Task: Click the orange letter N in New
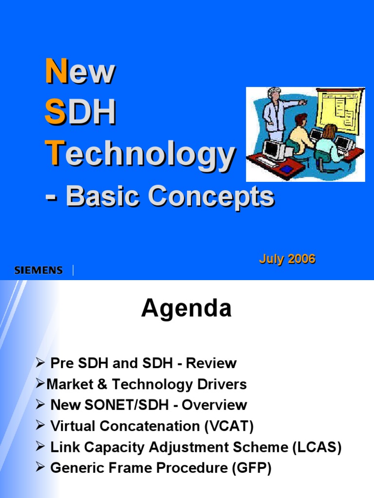(54, 71)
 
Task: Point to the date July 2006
(287, 259)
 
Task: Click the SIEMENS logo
(38, 270)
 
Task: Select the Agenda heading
(186, 309)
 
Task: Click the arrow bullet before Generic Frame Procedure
(40, 468)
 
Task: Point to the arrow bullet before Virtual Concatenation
(40, 426)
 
